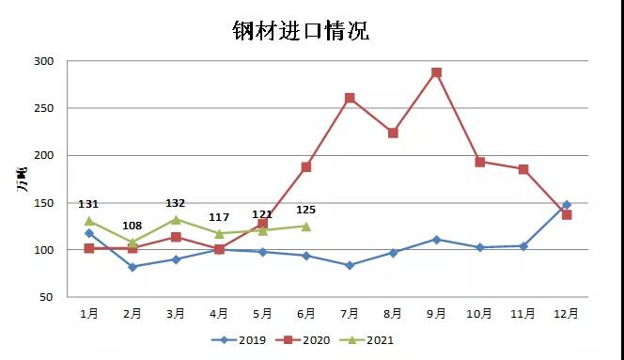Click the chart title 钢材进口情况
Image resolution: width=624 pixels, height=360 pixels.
tap(301, 31)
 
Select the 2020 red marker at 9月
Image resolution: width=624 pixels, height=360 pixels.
tap(436, 72)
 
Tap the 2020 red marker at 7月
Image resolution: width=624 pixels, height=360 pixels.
tap(350, 98)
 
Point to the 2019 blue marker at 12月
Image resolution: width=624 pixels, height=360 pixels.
tap(567, 204)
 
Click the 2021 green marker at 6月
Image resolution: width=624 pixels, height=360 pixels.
tap(305, 226)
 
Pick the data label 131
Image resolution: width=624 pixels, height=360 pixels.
tap(88, 204)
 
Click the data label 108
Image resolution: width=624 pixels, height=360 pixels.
tap(132, 226)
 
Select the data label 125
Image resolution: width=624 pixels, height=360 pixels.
tap(306, 210)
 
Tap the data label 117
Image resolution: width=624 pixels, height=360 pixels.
tap(219, 217)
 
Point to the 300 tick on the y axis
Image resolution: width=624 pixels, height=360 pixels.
tap(45, 61)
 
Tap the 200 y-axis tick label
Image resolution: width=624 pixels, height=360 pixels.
tap(45, 155)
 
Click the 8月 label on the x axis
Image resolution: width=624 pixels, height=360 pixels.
tap(393, 312)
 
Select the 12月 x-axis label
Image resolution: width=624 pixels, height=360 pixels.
tap(567, 312)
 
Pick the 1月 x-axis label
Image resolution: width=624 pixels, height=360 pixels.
tap(88, 312)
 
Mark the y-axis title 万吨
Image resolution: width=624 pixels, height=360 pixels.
tap(22, 179)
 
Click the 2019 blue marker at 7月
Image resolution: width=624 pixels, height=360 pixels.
tap(350, 265)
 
